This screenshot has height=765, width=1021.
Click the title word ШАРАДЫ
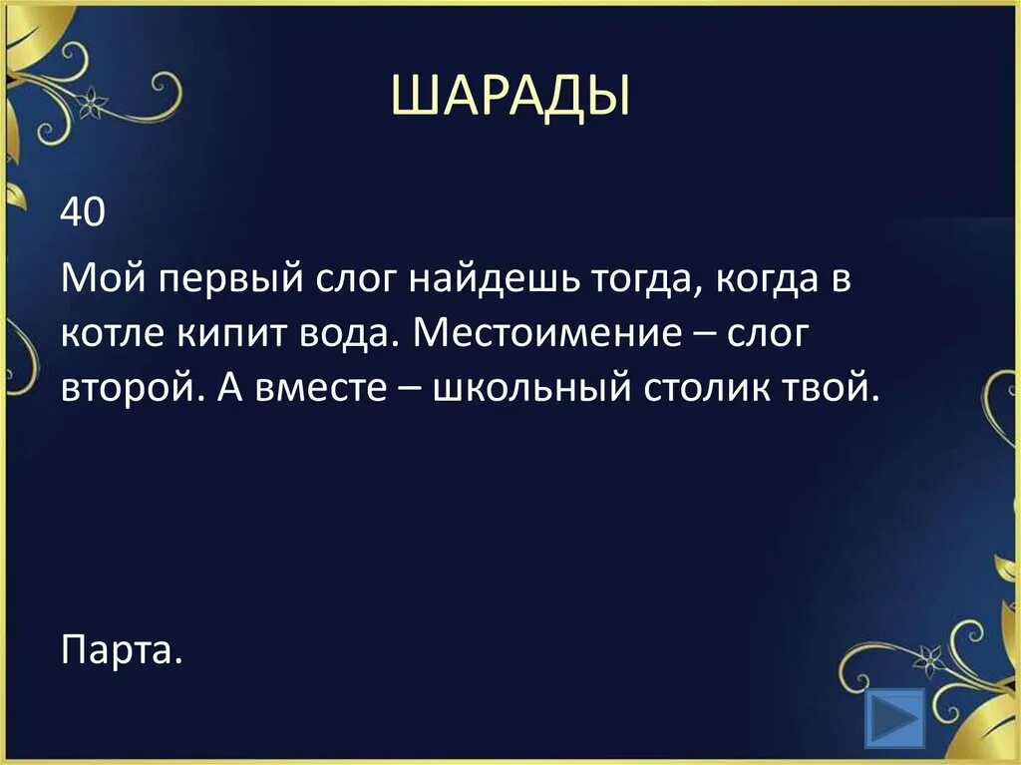510,97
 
